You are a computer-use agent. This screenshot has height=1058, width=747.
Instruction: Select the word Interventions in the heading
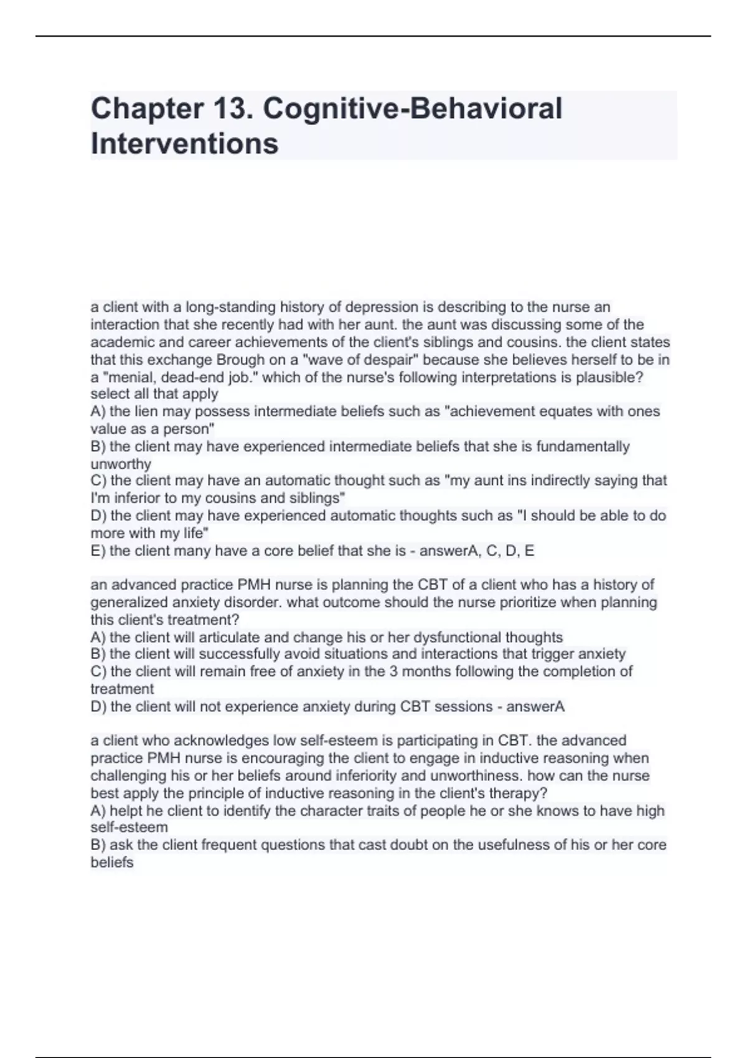click(184, 144)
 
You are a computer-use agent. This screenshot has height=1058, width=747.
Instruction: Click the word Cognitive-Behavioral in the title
click(413, 109)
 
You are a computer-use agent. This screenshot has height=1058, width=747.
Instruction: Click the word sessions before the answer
click(464, 707)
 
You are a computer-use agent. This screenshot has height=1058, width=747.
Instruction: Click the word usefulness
click(520, 845)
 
